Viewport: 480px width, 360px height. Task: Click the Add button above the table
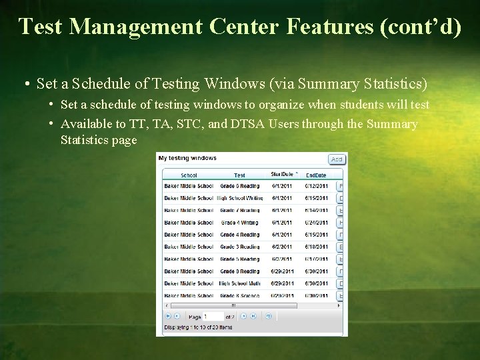point(337,159)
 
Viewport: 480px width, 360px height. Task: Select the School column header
point(189,175)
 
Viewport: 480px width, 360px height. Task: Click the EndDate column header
point(315,175)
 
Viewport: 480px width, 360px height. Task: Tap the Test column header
point(239,175)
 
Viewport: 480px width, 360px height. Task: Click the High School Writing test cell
point(240,198)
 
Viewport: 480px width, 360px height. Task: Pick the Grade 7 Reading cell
point(240,211)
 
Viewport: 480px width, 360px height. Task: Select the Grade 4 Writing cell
point(240,223)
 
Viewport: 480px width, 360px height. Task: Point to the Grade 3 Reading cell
point(240,247)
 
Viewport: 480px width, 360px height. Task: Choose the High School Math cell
point(240,283)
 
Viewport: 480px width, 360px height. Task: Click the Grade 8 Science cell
point(240,295)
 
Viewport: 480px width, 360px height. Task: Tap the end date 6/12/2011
point(317,186)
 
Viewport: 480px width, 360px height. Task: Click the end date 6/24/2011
point(317,223)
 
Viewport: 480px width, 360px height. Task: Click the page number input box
point(213,317)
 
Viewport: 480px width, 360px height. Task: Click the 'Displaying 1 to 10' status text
point(198,327)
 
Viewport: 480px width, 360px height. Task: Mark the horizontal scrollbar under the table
point(231,306)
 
